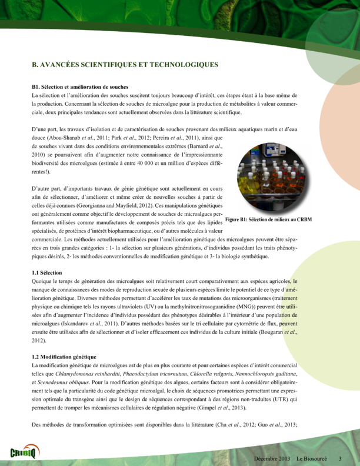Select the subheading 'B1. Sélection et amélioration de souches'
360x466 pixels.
tap(80, 86)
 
